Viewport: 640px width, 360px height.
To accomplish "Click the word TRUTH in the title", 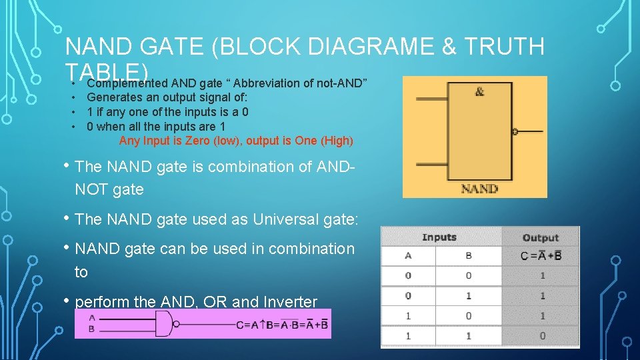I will coord(507,47).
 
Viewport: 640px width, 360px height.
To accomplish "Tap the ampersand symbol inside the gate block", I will coord(479,92).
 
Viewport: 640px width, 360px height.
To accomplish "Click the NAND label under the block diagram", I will coord(479,189).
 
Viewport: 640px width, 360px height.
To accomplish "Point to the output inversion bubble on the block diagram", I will coord(514,131).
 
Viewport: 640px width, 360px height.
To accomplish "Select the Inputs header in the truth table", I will coord(439,237).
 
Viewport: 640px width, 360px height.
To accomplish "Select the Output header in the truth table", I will coord(540,237).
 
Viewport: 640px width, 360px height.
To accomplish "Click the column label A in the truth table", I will coord(408,255).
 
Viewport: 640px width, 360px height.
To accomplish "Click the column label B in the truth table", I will coord(469,255).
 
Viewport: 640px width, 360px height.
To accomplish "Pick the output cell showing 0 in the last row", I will coord(542,336).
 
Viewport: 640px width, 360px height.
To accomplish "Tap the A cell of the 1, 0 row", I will coord(408,316).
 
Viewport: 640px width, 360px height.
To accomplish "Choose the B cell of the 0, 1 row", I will coord(469,295).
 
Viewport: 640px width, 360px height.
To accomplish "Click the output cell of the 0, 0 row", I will coord(542,275).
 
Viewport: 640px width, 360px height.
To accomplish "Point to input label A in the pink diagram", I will coord(91,318).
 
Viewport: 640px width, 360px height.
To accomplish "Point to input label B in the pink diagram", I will coord(91,329).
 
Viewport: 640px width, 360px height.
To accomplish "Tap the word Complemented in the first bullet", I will coord(127,83).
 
